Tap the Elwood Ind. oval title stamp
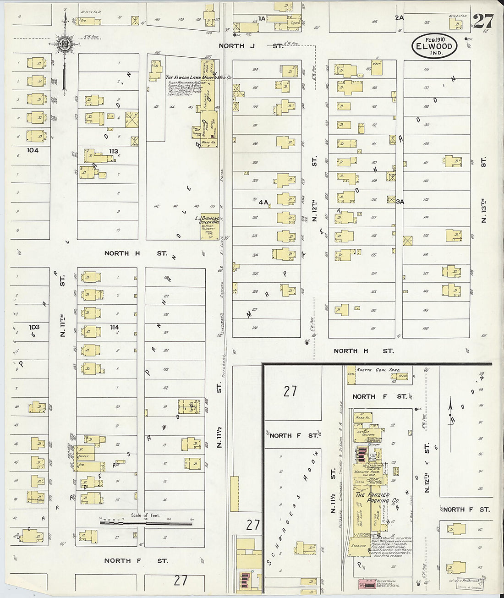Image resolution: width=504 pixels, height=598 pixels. (434, 46)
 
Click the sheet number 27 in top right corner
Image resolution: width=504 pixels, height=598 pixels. (483, 21)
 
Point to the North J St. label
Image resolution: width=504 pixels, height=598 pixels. (251, 46)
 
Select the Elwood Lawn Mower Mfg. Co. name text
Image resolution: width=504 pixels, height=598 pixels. (198, 78)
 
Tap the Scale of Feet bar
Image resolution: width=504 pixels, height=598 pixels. (146, 521)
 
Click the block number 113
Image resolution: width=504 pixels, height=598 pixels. (113, 151)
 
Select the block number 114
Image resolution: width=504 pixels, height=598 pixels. (114, 327)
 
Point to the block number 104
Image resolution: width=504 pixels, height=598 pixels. (33, 150)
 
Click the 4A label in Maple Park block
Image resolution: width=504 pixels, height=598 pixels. (263, 201)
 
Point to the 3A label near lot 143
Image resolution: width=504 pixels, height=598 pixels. (400, 201)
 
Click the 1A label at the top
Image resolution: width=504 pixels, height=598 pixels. (262, 18)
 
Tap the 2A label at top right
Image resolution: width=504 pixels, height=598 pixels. (400, 18)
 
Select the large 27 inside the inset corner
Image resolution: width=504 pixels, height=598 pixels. (290, 391)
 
